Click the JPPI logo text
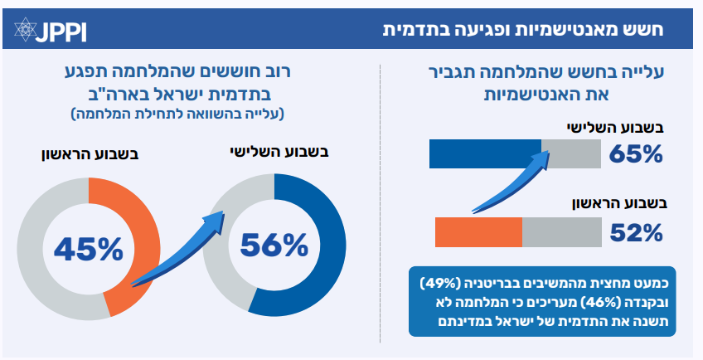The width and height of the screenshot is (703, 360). coord(62,31)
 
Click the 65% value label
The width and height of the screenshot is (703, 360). coord(635,154)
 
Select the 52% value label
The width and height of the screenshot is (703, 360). coord(635,233)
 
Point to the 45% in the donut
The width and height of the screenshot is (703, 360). coord(88,247)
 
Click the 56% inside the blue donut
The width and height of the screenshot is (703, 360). coord(274,245)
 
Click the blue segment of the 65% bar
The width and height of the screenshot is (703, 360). coord(484,154)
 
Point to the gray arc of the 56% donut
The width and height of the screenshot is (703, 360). coord(217,257)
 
